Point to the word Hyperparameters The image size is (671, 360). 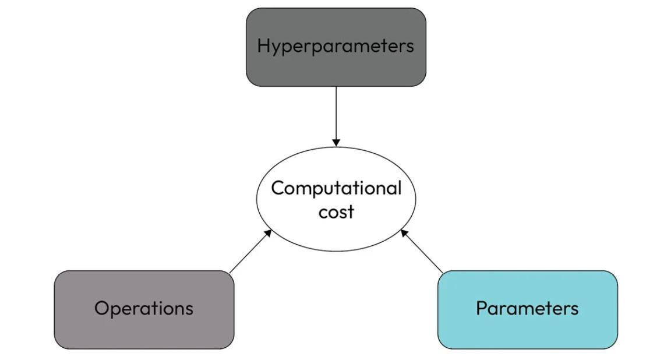tap(335, 46)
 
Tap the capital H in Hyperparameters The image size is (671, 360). tap(263, 45)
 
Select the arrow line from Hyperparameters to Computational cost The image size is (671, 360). tap(336, 114)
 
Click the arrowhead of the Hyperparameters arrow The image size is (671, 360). tap(336, 143)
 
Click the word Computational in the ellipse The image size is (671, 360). tap(336, 188)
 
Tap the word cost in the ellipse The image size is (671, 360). tap(336, 211)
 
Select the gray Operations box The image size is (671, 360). tap(144, 332)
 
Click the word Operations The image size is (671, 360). tap(144, 308)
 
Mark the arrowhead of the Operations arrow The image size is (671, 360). tap(269, 232)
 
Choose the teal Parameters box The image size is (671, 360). tap(527, 332)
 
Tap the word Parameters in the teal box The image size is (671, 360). tap(527, 308)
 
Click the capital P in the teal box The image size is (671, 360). tap(481, 308)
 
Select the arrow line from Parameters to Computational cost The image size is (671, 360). tap(422, 252)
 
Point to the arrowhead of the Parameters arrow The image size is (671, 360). tap(403, 232)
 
